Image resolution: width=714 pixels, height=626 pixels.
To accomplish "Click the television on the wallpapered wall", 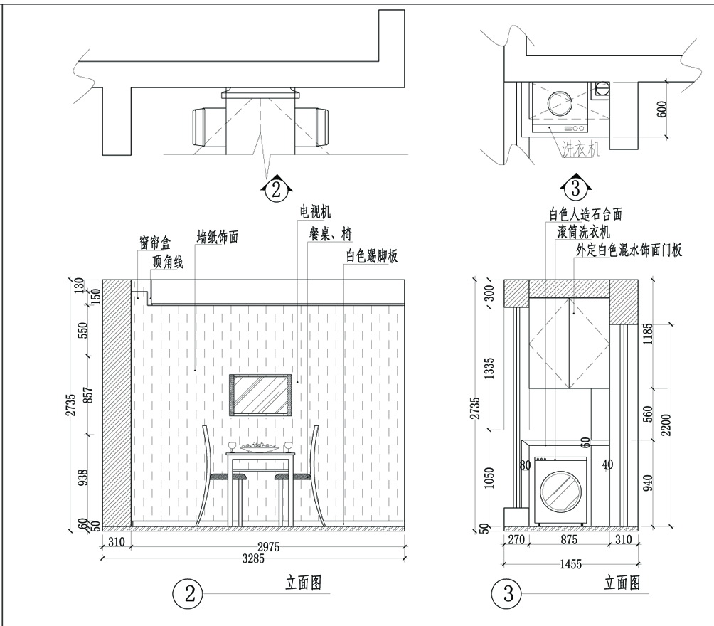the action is (260, 395).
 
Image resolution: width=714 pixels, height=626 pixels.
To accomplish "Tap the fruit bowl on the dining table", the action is (260, 447).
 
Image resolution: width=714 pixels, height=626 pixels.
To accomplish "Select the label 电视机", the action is (315, 212).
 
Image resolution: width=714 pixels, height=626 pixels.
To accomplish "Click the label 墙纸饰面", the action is (217, 237).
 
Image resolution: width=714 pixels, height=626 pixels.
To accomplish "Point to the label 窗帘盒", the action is (155, 243).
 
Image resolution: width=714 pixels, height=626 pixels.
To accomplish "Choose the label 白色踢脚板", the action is (372, 256).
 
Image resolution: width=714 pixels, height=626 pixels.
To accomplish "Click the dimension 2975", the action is (268, 547).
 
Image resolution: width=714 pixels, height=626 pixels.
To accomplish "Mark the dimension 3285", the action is (253, 558).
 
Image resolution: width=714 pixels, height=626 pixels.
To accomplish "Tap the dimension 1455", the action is (570, 565).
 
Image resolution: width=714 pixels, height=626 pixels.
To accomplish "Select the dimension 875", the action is (569, 540).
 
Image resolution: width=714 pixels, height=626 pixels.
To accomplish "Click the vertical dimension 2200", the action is (666, 425).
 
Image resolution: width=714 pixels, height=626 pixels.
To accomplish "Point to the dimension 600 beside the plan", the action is (661, 110).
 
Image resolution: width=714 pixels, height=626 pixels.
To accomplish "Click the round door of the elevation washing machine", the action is (560, 491).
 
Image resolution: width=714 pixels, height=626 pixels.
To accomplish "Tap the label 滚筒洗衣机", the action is (584, 231).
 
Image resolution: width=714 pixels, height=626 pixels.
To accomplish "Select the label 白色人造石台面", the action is (585, 213).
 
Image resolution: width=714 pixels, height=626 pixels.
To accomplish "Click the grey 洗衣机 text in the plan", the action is (580, 149).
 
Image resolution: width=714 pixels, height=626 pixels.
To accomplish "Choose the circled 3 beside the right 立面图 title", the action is (508, 593).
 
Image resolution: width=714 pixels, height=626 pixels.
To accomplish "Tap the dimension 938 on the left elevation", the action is (82, 477).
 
